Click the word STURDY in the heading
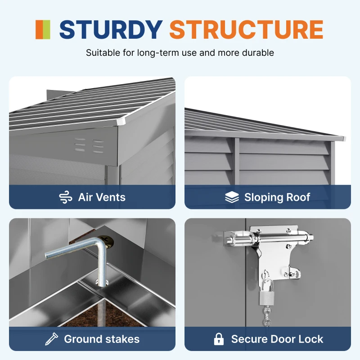[111, 29]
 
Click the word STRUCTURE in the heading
[246, 29]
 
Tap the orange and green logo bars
[43, 29]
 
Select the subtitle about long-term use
[180, 53]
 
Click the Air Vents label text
[102, 197]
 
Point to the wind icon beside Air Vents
[66, 197]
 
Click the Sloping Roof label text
[277, 197]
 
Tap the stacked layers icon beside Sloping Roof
[232, 197]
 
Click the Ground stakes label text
[102, 339]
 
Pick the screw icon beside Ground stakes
[51, 339]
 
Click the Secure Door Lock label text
[277, 339]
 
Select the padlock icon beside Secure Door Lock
[219, 339]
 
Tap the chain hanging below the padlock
[267, 315]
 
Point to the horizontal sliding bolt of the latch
[270, 236]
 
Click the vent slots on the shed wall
[89, 145]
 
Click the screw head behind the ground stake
[108, 242]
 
